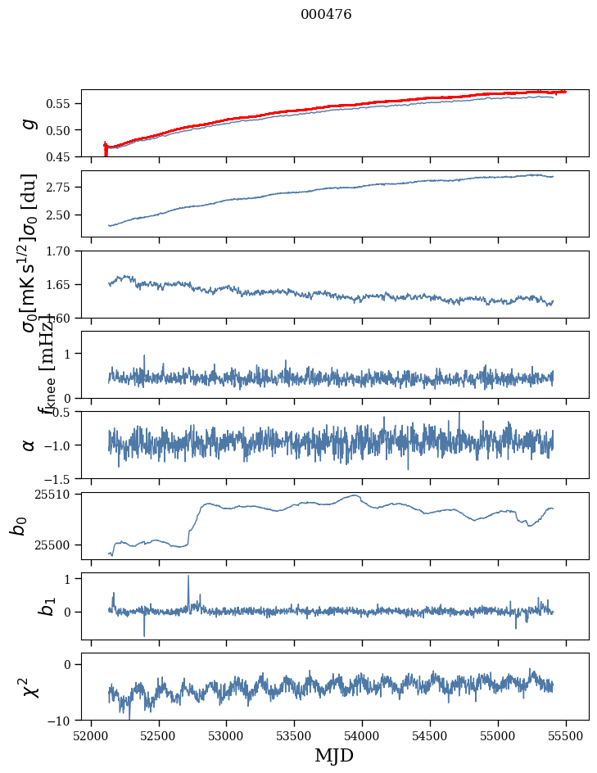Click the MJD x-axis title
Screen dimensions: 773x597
click(334, 755)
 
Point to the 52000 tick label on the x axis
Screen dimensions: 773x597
click(91, 736)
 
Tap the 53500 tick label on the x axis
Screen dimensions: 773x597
click(295, 736)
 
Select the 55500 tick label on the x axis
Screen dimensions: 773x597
click(567, 736)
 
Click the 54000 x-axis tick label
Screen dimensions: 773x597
click(363, 736)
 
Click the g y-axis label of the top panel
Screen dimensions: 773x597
click(29, 123)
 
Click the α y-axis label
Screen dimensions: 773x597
click(29, 445)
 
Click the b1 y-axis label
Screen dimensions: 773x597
click(25, 607)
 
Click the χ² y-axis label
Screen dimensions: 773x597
click(25, 687)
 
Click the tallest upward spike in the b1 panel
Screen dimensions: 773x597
click(188, 576)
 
